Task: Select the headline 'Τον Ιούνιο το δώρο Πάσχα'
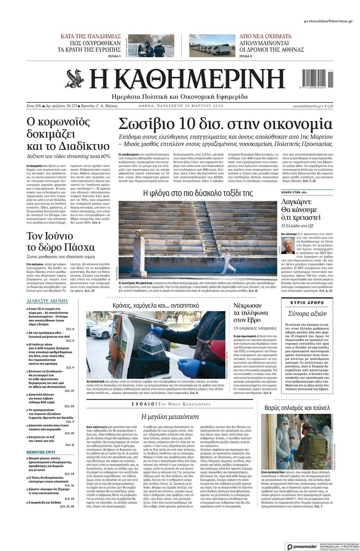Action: [60, 242]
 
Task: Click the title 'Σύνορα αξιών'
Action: [307, 314]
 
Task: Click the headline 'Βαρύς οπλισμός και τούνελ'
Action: [298, 408]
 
